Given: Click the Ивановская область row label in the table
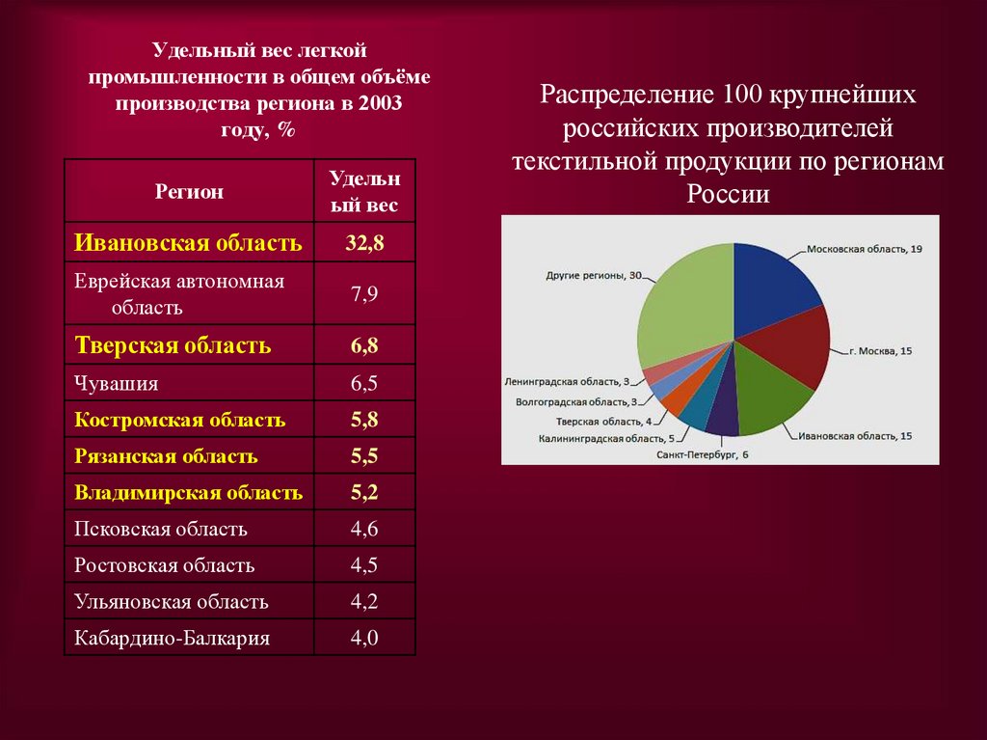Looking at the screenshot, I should (x=188, y=242).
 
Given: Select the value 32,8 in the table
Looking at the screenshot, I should (x=365, y=242).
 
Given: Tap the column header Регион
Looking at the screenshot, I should (x=189, y=191).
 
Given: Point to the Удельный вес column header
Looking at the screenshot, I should (x=365, y=191).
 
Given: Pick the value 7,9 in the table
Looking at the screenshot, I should (x=365, y=294).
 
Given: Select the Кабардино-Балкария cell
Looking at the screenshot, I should (x=172, y=638).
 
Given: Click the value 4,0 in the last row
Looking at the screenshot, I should (x=365, y=638).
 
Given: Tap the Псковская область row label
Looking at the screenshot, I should (x=161, y=529).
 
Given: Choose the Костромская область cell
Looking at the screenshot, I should (x=179, y=421).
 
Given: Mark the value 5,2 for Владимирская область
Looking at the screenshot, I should (x=365, y=493).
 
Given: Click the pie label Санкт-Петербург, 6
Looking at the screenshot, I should (x=702, y=452).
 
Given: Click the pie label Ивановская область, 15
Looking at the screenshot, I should (x=855, y=436).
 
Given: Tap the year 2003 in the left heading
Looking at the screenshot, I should (x=380, y=104).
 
